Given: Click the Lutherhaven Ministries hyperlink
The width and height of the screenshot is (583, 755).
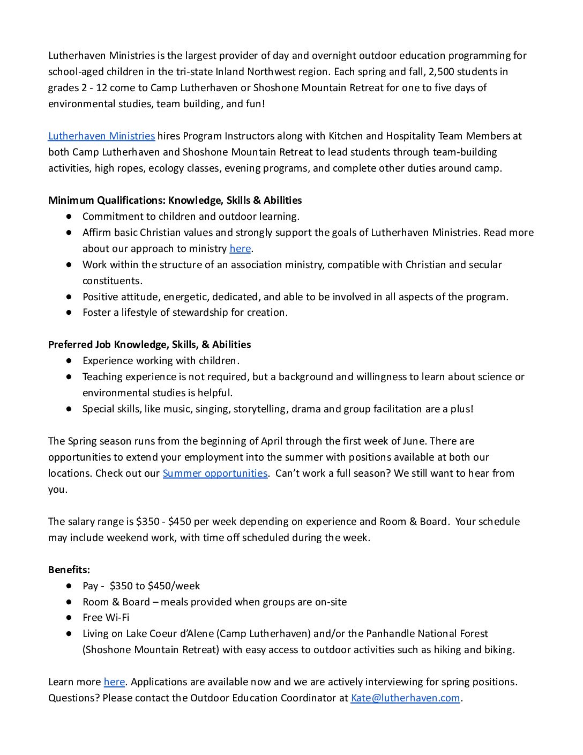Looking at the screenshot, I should point(101,136).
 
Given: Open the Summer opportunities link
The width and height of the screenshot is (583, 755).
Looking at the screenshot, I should point(215,473).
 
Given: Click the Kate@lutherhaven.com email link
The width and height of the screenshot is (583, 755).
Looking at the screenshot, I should point(405,698).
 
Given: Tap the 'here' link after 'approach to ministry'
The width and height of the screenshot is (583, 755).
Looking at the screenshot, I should point(240,249).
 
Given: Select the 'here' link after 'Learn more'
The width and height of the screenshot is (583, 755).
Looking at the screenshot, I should point(114,682).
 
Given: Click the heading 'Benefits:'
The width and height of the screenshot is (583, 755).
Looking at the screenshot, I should point(69,570).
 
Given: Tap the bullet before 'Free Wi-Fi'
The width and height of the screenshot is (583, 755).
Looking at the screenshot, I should point(69,618).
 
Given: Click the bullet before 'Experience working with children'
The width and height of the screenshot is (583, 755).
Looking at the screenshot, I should point(69,361).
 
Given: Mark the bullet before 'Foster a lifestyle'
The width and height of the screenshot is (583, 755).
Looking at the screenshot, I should point(69,313).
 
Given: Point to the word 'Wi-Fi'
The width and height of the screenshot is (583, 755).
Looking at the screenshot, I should point(117,618).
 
